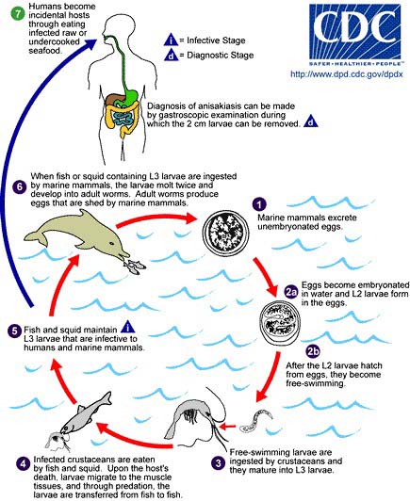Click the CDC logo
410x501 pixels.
point(354,35)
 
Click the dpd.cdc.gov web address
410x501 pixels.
point(347,74)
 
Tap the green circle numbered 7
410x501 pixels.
point(17,15)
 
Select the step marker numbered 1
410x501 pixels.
point(259,203)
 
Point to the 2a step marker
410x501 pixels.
point(291,292)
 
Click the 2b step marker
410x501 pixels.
point(313,351)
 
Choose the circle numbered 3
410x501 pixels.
point(219,463)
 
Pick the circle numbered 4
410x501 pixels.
point(23,463)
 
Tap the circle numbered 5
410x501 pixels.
point(14,331)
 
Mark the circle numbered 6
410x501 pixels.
point(20,186)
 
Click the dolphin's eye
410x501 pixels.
point(111,244)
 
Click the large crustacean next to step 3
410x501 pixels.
point(195,418)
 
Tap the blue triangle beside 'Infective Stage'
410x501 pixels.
point(172,40)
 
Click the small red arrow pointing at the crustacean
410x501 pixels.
point(228,426)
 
